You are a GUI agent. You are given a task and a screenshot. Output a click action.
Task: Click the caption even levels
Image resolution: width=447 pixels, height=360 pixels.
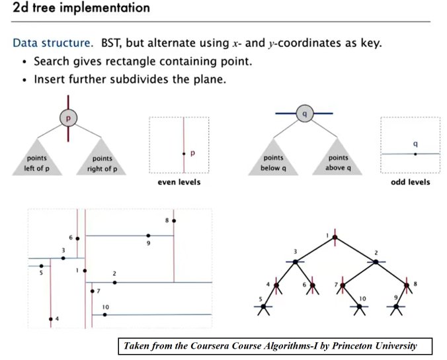[x=179, y=182]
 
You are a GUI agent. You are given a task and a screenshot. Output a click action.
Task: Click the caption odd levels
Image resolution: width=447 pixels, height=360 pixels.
[x=410, y=182]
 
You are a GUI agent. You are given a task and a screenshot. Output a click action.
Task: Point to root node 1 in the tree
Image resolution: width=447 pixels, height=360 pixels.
[x=335, y=238]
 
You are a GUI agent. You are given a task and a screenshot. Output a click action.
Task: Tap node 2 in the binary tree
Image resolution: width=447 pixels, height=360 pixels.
[x=376, y=262]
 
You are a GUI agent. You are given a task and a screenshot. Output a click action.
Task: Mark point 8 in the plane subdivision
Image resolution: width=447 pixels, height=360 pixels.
[x=174, y=220]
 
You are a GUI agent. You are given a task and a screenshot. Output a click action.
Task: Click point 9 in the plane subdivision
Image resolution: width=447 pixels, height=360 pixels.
[x=148, y=236]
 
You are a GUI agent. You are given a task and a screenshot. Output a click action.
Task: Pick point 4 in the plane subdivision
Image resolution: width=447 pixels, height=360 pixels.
[x=50, y=319]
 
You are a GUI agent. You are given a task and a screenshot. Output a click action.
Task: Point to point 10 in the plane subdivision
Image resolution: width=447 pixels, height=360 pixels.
[x=93, y=315]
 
